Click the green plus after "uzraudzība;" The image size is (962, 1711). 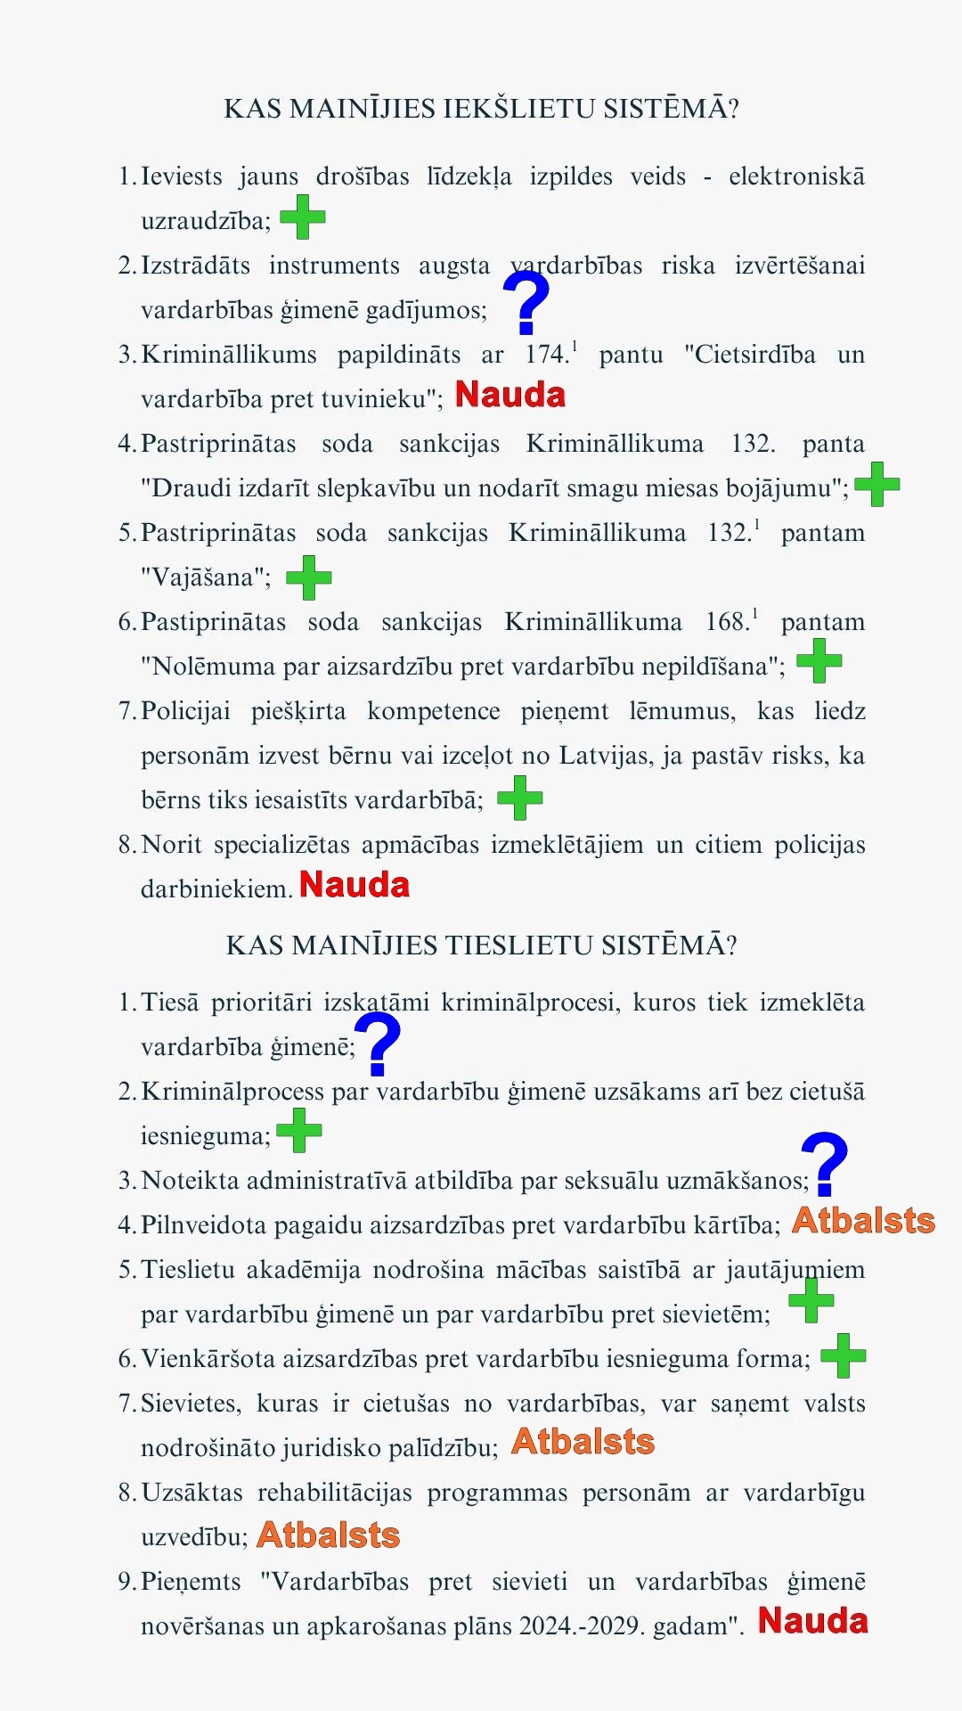pyautogui.click(x=303, y=217)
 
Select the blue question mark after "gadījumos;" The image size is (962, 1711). pyautogui.click(x=526, y=303)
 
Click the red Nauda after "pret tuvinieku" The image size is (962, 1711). pyautogui.click(x=510, y=395)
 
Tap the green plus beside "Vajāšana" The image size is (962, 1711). pyautogui.click(x=309, y=577)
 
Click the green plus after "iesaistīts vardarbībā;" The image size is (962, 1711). pyautogui.click(x=520, y=798)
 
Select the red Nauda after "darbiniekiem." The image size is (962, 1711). pyautogui.click(x=355, y=885)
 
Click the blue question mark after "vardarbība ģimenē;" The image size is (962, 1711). pyautogui.click(x=379, y=1045)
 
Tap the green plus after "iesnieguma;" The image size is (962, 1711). pyautogui.click(x=299, y=1131)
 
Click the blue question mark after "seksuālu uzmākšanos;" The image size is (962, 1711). pyautogui.click(x=825, y=1164)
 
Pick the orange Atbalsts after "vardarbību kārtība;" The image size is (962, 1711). pyautogui.click(x=863, y=1221)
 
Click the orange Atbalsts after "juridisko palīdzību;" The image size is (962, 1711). pyautogui.click(x=583, y=1442)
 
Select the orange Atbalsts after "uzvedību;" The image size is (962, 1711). pyautogui.click(x=329, y=1535)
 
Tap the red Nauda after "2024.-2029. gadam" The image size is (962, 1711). pyautogui.click(x=813, y=1621)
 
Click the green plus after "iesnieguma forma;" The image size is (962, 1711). pyautogui.click(x=844, y=1356)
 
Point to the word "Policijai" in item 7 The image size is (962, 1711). pyautogui.click(x=185, y=711)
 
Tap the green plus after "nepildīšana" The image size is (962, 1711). pyautogui.click(x=819, y=662)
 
